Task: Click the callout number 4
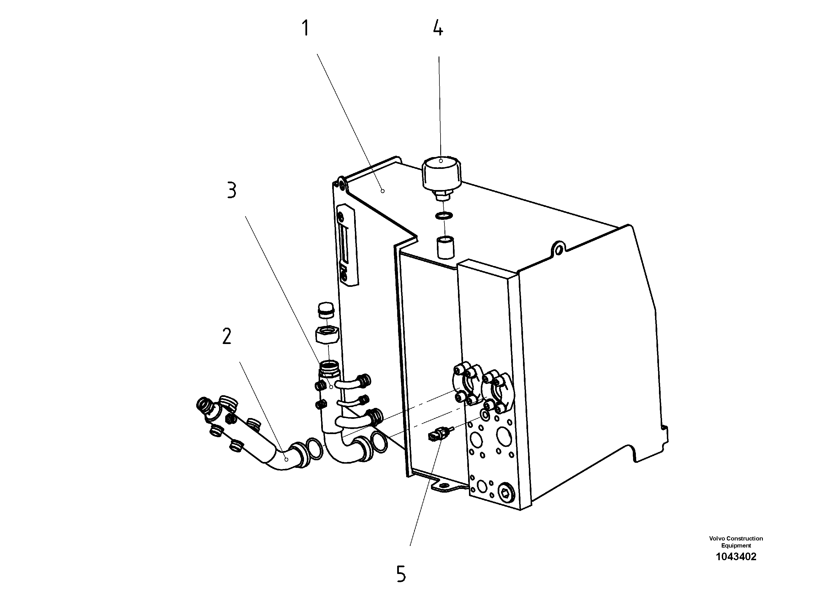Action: [x=438, y=28]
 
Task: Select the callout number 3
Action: [x=232, y=191]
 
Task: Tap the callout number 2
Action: [x=227, y=336]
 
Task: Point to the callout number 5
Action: [x=401, y=574]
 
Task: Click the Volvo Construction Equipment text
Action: [x=736, y=542]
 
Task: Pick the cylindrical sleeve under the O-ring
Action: [x=446, y=247]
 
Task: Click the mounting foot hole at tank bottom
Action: [x=443, y=485]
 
